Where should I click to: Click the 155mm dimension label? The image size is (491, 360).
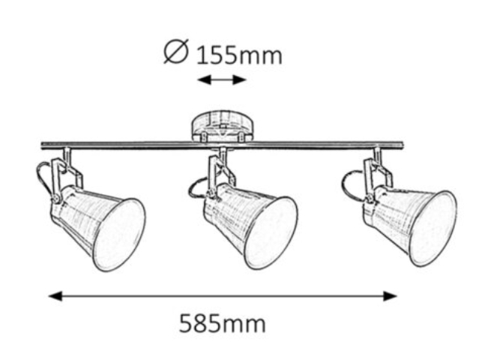click(x=239, y=55)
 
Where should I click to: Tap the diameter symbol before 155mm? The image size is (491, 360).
click(x=176, y=51)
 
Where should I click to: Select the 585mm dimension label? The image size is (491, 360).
click(x=223, y=323)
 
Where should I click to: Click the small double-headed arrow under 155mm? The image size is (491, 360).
click(x=222, y=79)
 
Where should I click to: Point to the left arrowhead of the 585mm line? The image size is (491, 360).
click(x=55, y=295)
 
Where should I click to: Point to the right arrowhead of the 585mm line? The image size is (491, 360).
click(x=390, y=295)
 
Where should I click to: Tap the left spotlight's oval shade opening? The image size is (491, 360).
click(x=120, y=235)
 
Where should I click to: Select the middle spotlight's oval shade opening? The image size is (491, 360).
click(x=271, y=232)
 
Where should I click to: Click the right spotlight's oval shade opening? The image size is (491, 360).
click(x=433, y=229)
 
